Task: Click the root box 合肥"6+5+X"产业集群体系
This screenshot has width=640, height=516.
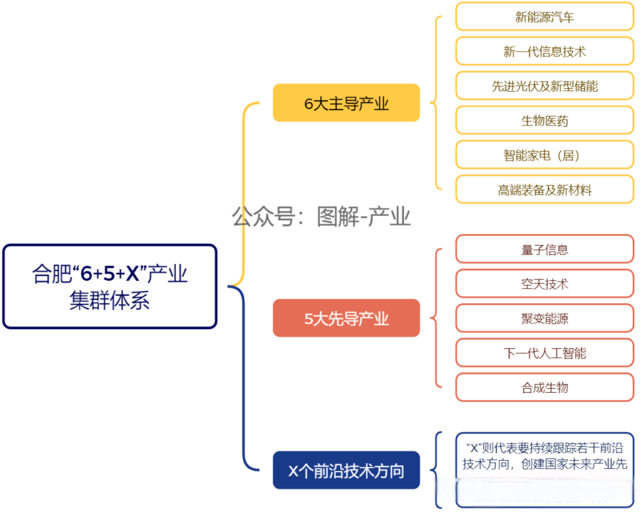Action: point(110,286)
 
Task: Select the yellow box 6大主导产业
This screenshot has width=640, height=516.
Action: point(346,103)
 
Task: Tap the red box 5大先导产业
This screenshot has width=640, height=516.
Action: point(346,318)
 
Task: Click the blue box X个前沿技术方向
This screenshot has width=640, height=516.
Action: point(346,470)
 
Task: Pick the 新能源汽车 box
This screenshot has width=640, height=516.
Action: point(544,17)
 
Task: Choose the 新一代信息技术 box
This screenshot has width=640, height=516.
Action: point(544,51)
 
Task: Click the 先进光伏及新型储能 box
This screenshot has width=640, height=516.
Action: point(544,86)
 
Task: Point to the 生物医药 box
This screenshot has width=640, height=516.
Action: point(544,120)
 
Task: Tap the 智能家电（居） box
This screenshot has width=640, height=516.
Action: point(544,155)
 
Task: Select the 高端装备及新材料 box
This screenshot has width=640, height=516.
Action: point(544,190)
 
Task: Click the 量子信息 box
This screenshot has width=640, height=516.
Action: point(544,249)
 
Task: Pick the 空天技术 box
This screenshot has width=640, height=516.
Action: point(544,284)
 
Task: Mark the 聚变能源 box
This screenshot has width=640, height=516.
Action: point(544,319)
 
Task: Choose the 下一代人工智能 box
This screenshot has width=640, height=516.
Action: point(544,353)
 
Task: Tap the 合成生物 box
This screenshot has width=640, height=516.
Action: point(544,387)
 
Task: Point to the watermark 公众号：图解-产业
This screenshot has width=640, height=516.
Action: point(321,217)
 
